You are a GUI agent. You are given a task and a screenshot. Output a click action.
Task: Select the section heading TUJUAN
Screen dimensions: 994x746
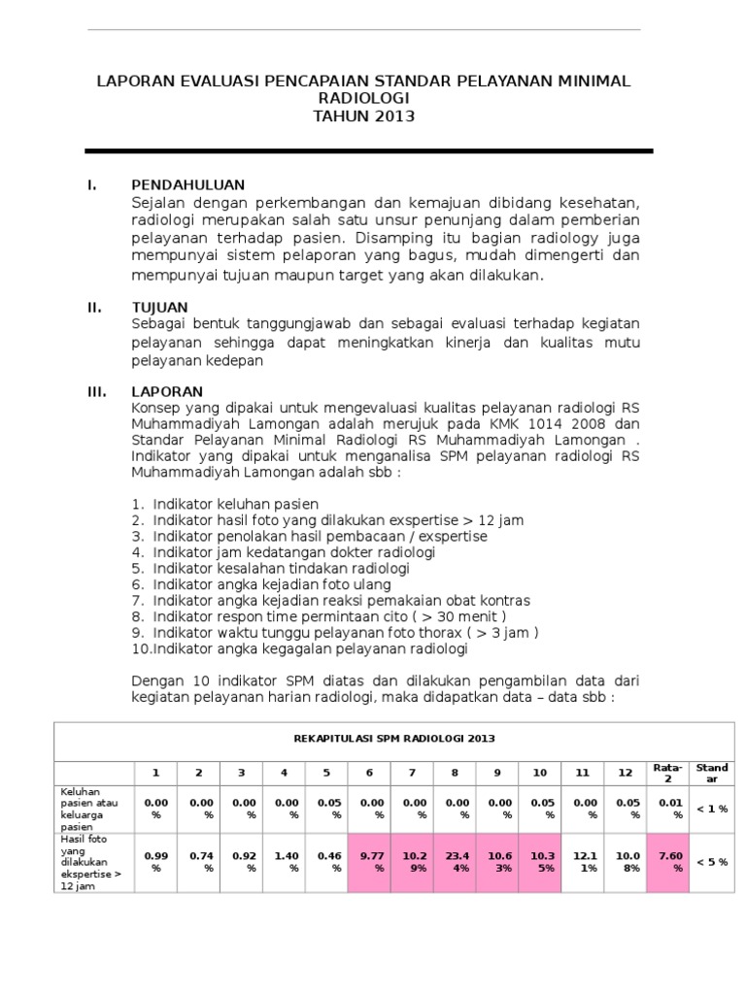tap(160, 308)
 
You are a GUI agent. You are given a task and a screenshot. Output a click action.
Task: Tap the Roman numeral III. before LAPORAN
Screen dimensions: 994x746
tap(96, 391)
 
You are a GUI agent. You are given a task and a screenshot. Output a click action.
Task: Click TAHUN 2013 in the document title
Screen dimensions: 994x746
tap(364, 116)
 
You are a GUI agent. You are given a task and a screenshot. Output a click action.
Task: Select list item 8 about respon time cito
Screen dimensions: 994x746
tap(320, 616)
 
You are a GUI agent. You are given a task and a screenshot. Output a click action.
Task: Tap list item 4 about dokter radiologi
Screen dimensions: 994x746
tap(283, 552)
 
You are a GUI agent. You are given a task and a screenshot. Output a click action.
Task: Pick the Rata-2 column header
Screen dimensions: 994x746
tap(667, 773)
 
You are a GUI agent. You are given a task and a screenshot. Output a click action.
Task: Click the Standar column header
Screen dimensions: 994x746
tap(711, 773)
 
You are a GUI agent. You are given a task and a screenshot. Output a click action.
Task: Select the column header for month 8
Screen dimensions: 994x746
tap(455, 773)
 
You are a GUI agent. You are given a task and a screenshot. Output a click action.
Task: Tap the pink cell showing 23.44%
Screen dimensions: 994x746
tap(455, 861)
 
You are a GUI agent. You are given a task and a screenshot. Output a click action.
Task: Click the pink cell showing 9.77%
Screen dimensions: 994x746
tap(369, 861)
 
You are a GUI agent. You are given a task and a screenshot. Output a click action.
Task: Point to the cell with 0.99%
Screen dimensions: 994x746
tap(156, 861)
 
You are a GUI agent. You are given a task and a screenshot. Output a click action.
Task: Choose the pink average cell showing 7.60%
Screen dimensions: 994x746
tap(667, 861)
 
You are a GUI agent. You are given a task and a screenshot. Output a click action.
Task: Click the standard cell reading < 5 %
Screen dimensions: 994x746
tap(711, 861)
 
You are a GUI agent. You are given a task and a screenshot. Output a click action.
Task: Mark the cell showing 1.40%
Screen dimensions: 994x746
tap(284, 861)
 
